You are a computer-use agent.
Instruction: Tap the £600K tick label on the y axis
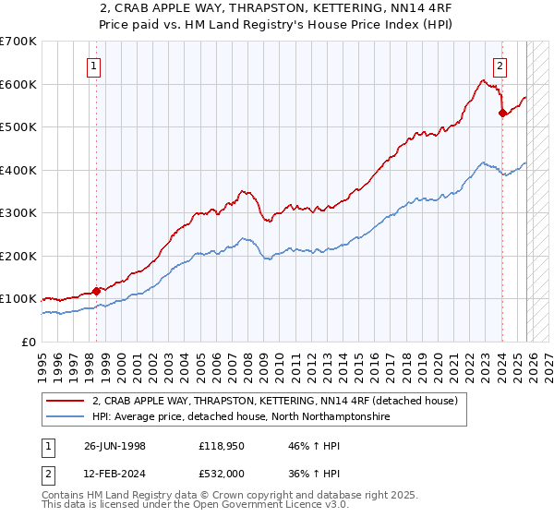click(18, 84)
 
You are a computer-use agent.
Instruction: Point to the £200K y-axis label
click(18, 256)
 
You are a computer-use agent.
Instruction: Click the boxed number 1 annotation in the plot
click(96, 66)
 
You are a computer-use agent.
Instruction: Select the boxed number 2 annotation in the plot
click(500, 66)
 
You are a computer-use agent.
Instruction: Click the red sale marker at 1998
click(97, 291)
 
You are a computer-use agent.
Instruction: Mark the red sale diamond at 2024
click(502, 114)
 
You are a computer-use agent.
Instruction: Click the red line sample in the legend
click(66, 401)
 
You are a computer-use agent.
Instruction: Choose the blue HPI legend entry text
click(241, 417)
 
